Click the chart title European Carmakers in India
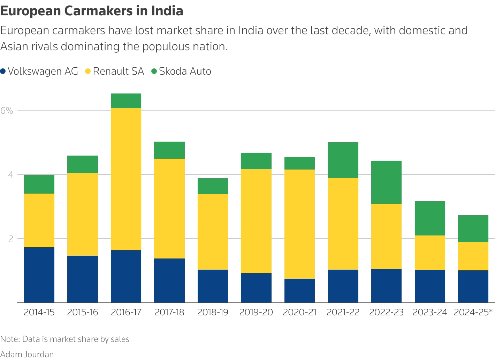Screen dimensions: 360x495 click(92, 11)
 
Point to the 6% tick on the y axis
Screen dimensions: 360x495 click(7, 111)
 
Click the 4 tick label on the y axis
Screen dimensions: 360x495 click(10, 174)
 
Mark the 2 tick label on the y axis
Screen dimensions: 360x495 click(10, 239)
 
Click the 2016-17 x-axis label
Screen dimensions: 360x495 click(126, 312)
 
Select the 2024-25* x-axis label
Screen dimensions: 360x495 click(473, 312)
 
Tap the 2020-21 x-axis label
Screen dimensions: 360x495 click(299, 312)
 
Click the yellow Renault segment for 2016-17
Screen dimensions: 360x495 click(126, 179)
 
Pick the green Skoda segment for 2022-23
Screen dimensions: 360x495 click(386, 182)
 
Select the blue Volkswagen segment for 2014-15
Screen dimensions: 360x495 click(39, 275)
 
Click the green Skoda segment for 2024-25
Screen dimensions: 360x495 click(473, 228)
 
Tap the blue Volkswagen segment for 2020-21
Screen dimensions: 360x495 click(299, 291)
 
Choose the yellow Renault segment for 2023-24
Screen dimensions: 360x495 click(430, 253)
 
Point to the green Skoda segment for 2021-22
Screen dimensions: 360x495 click(343, 160)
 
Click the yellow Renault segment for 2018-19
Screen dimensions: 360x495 click(213, 232)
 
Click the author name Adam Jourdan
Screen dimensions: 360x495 click(27, 354)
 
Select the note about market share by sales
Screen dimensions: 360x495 click(65, 339)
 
